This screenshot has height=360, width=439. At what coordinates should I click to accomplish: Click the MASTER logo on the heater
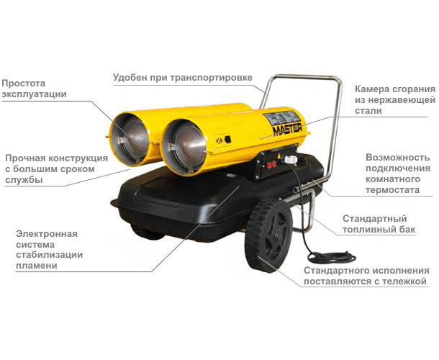click(x=288, y=130)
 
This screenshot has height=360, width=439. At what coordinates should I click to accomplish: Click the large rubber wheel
click(x=268, y=235)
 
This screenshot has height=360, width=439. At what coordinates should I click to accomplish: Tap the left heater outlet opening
click(x=130, y=138)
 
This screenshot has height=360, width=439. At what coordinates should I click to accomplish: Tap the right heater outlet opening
click(x=184, y=147)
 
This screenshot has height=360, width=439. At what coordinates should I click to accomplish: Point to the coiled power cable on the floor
click(x=332, y=257)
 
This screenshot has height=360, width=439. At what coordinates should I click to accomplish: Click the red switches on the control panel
click(x=271, y=165)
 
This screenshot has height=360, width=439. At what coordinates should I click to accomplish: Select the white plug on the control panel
click(x=290, y=159)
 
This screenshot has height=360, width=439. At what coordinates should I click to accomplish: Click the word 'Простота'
click(x=24, y=84)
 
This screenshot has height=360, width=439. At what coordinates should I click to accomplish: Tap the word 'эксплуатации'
click(x=34, y=94)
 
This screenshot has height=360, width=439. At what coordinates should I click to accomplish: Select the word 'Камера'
click(x=371, y=89)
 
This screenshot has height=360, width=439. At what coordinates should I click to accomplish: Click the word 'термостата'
click(x=392, y=190)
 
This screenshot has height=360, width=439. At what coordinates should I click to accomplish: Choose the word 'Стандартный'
click(x=375, y=219)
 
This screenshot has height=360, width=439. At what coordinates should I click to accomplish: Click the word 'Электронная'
click(x=47, y=234)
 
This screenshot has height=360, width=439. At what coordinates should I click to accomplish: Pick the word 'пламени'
click(x=37, y=265)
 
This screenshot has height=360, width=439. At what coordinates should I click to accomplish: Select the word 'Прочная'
click(x=24, y=158)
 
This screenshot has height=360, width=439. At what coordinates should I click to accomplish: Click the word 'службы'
click(x=24, y=180)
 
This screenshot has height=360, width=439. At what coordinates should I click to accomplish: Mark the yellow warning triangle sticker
click(x=279, y=156)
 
